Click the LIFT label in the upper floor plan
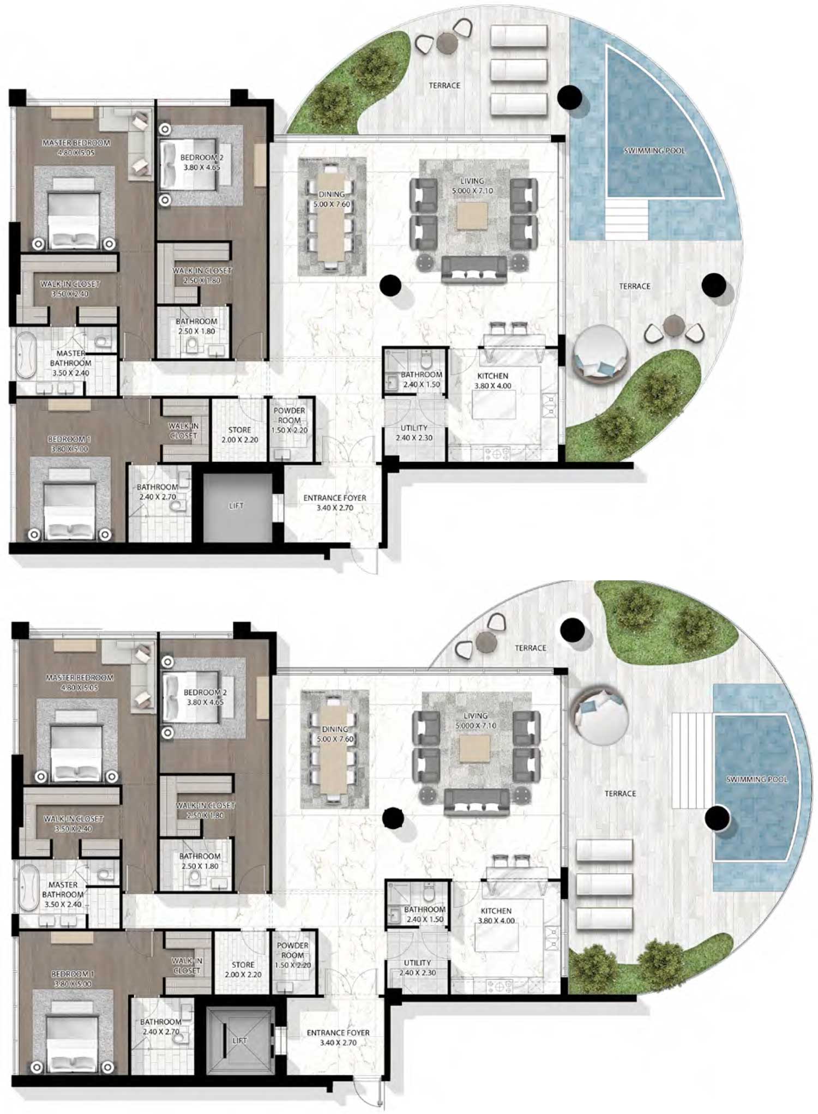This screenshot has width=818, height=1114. point(236,505)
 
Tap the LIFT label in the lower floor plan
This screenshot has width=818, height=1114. point(239,1040)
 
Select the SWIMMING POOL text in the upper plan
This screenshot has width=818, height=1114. point(654,150)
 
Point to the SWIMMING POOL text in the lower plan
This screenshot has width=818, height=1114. point(756,780)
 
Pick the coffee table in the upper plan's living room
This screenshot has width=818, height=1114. point(472,216)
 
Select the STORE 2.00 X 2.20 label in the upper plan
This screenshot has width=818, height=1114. point(240,435)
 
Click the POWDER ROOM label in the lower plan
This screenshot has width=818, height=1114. point(293,955)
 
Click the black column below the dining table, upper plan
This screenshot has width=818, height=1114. point(390,285)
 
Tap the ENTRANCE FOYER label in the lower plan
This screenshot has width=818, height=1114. point(338,1037)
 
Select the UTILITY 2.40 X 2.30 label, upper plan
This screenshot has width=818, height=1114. point(414,432)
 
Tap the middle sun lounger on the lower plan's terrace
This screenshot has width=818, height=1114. point(605,884)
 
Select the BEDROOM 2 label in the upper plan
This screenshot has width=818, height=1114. point(201,162)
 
